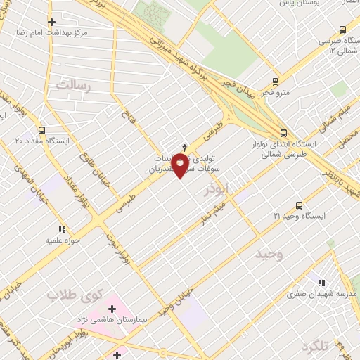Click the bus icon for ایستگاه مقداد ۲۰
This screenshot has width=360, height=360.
click(x=41, y=131)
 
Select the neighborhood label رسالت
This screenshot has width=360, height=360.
click(x=75, y=87)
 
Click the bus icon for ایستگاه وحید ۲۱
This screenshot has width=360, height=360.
click(x=300, y=205)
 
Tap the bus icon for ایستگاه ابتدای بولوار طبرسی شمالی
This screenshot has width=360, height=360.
click(x=283, y=132)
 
